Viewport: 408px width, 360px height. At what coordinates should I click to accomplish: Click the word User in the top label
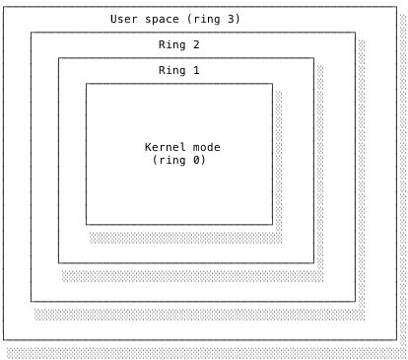coord(124,19)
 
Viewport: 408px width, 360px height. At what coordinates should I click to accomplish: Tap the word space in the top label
coord(162,19)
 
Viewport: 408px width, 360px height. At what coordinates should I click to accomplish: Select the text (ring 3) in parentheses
coord(213,19)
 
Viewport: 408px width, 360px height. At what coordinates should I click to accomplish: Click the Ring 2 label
coord(178,44)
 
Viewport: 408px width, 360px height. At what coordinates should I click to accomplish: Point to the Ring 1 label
coord(178,70)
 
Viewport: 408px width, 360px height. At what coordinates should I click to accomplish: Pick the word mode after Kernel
coord(206,147)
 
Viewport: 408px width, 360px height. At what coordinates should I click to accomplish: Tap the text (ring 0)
coord(178,160)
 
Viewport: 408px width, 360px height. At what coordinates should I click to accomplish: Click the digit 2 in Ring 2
coord(196,44)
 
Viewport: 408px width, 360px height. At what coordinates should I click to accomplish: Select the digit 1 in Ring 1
coord(196,70)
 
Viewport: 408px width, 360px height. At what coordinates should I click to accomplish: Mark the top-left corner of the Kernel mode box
coord(86,84)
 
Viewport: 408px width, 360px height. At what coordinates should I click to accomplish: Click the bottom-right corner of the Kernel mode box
coord(272,224)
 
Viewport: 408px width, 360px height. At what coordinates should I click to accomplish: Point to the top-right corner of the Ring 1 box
coord(313,58)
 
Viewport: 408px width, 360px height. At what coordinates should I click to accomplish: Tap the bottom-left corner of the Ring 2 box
coord(31,301)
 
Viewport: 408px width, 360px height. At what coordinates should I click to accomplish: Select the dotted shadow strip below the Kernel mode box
coord(182,237)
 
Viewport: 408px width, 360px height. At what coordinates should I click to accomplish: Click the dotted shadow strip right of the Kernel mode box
coord(279,158)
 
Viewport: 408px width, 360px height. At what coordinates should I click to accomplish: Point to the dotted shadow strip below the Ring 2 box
coord(197,314)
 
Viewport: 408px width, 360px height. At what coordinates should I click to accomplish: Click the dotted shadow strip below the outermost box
coord(204,352)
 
